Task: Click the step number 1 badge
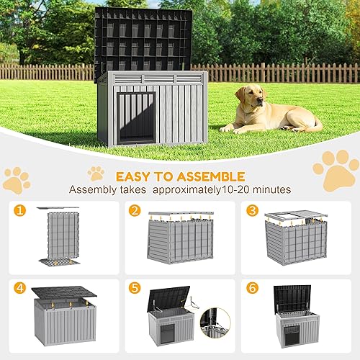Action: [x=19, y=211]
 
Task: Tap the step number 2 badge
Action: [x=135, y=211]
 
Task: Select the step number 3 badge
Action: [x=251, y=211]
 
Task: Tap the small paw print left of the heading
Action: [x=96, y=173]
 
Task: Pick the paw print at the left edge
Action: [x=16, y=180]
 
